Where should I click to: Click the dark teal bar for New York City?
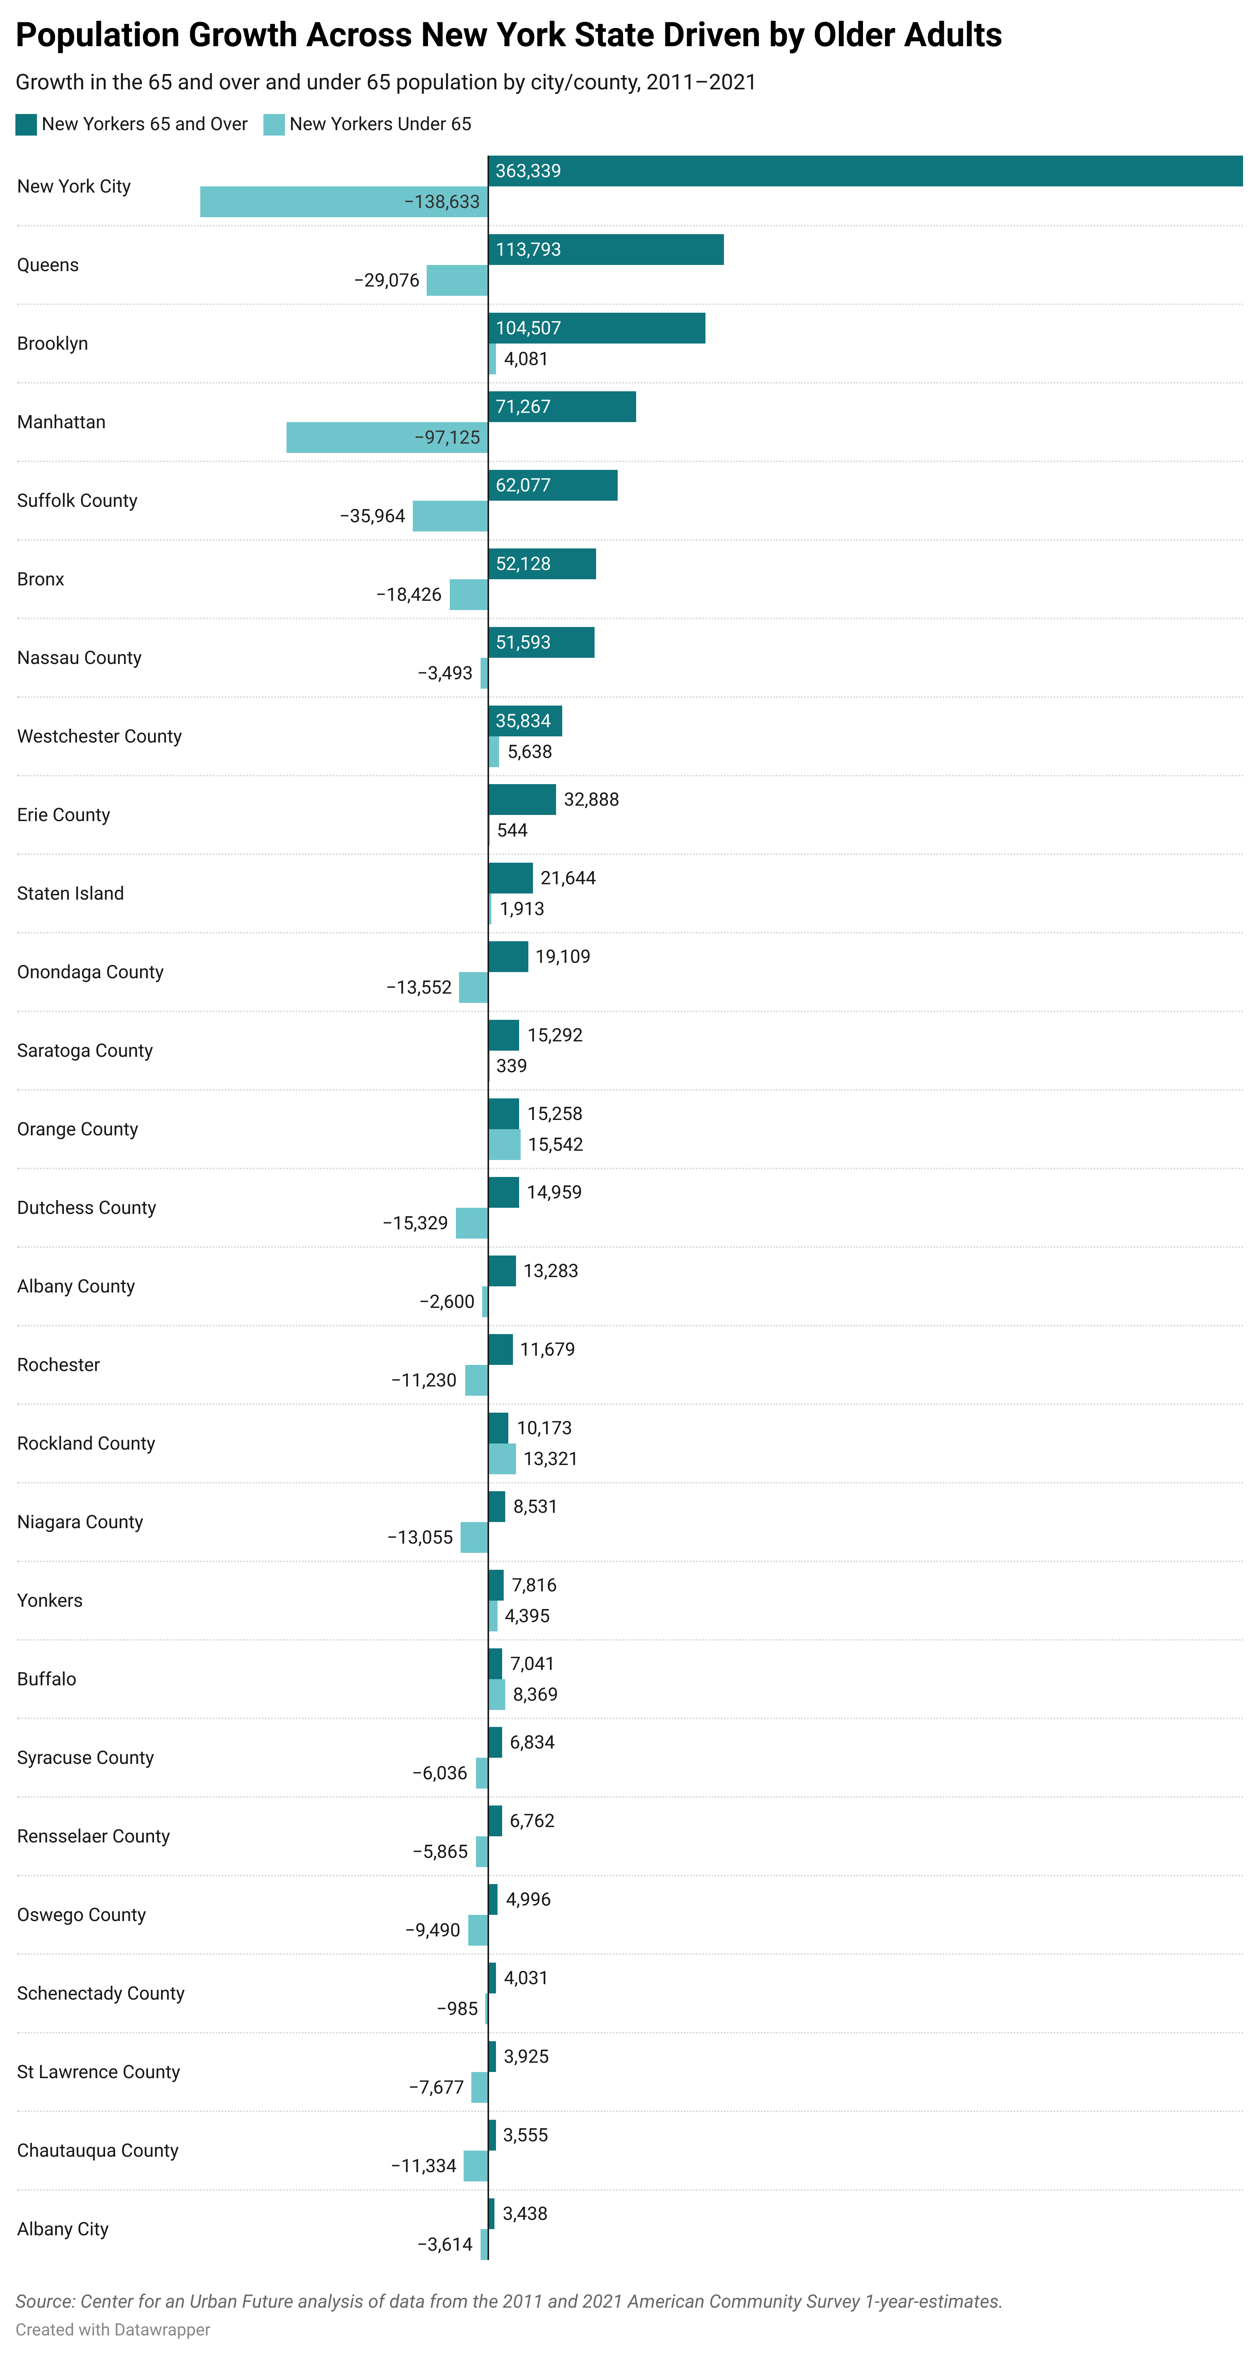865,171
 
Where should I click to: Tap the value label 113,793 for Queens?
528,250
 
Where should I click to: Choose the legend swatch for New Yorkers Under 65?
273,124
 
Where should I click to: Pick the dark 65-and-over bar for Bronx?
542,563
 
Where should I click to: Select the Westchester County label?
99,736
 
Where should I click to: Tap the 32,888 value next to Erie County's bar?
591,800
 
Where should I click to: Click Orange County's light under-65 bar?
504,1145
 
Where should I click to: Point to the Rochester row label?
58,1365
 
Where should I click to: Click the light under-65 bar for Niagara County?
474,1537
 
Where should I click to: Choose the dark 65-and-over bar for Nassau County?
541,642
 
